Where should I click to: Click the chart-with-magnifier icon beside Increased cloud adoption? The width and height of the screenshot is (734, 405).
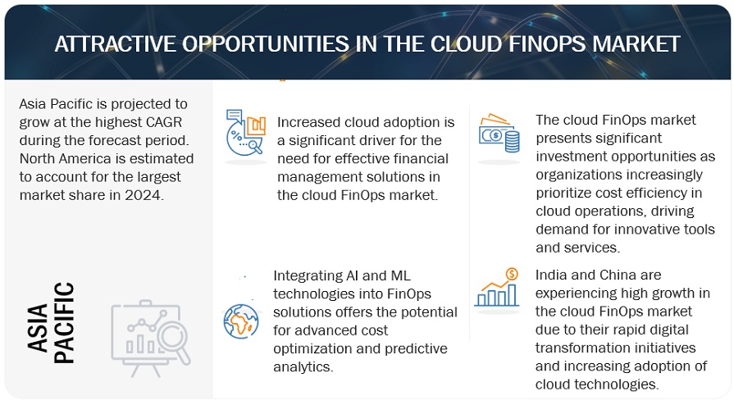pos(245,130)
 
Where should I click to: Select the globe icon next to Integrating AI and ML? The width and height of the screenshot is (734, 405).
pos(240,321)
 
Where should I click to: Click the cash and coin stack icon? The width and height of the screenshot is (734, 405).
pos(499,136)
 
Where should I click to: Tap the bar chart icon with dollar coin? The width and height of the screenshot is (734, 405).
pos(497,288)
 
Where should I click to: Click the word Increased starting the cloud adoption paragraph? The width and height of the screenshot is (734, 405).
pos(311,122)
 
